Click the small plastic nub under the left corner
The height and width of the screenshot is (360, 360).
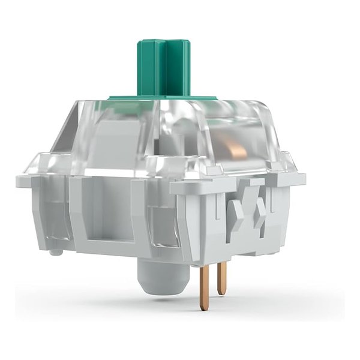pos(56,251)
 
